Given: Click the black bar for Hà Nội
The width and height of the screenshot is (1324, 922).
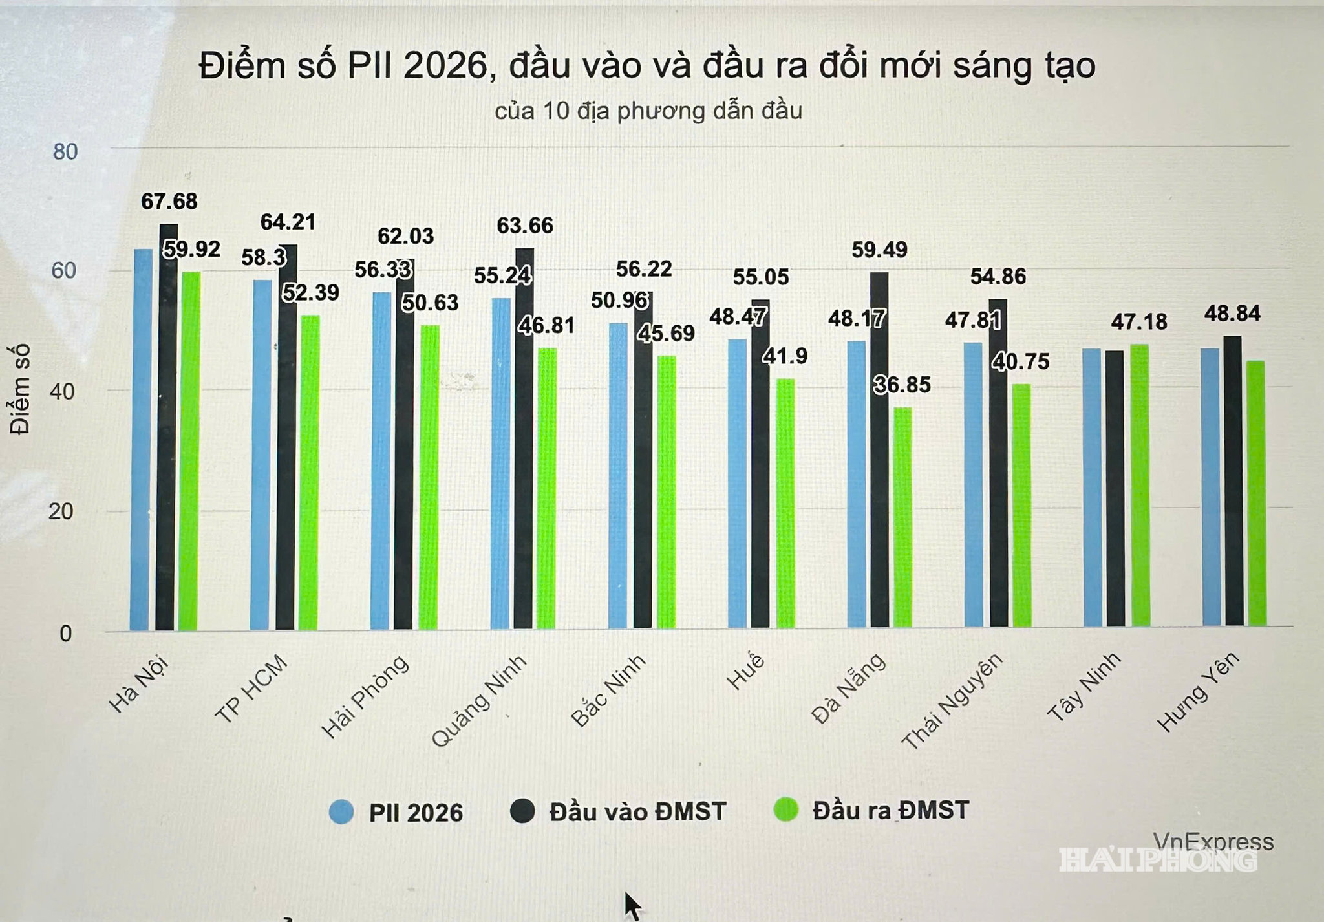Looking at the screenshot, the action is pyautogui.click(x=167, y=427).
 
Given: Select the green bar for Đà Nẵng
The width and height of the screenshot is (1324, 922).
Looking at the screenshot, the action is pyautogui.click(x=902, y=517).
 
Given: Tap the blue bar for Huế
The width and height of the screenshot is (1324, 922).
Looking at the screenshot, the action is pyautogui.click(x=738, y=483).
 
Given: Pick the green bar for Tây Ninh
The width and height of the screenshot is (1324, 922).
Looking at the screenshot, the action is pyautogui.click(x=1140, y=485).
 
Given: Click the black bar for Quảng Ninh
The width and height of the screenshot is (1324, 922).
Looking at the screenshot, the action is pyautogui.click(x=524, y=438).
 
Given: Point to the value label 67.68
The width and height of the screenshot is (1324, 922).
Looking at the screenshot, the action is pyautogui.click(x=169, y=202).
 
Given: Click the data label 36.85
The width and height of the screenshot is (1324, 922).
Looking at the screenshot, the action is pyautogui.click(x=902, y=385).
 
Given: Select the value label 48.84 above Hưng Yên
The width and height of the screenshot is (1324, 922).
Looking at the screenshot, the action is pyautogui.click(x=1232, y=314).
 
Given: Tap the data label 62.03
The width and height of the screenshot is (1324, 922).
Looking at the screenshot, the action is pyautogui.click(x=406, y=236).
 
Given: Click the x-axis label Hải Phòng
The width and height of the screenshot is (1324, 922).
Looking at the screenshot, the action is pyautogui.click(x=366, y=697).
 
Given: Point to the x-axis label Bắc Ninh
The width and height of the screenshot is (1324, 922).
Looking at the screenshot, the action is pyautogui.click(x=608, y=690).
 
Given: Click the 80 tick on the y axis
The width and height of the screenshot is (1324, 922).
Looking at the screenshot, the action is pyautogui.click(x=65, y=152).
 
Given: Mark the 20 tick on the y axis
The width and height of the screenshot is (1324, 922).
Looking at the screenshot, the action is pyautogui.click(x=61, y=512).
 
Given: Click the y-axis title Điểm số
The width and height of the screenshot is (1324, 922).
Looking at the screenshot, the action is pyautogui.click(x=21, y=389).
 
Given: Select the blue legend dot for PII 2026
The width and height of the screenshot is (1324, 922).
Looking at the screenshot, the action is pyautogui.click(x=341, y=812).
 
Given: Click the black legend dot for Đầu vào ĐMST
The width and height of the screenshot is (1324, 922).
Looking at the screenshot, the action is pyautogui.click(x=522, y=811).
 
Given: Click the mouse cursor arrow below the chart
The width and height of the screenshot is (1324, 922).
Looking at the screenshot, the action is pyautogui.click(x=632, y=906).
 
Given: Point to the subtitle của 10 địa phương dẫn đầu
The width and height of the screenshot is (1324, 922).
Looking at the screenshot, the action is pyautogui.click(x=648, y=111).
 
